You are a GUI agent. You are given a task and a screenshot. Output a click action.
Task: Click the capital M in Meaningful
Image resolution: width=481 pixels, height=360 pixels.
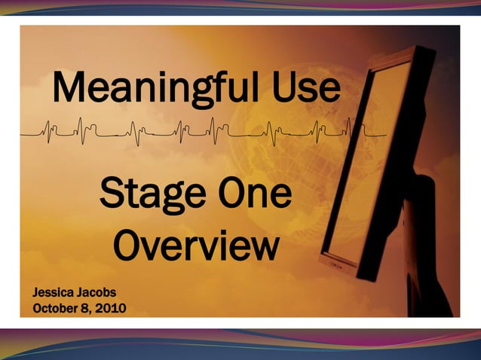tap(69, 89)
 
